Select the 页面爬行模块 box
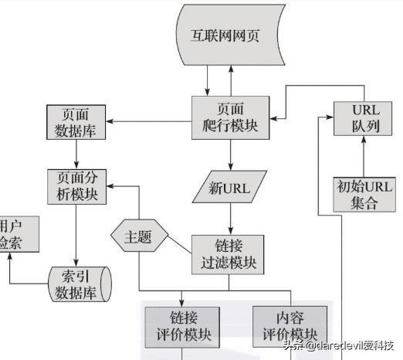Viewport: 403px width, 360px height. (230, 117)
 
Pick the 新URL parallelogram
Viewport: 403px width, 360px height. (230, 186)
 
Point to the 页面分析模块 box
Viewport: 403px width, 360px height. (76, 185)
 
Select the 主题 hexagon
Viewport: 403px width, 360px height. (140, 236)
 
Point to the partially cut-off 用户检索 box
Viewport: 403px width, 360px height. (11, 235)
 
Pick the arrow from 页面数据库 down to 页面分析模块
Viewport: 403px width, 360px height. (76, 155)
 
